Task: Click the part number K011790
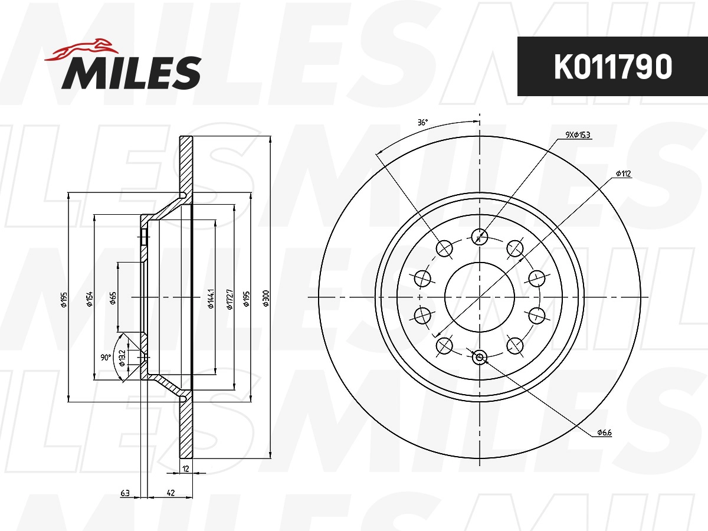[x=612, y=67]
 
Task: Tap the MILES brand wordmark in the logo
[x=132, y=73]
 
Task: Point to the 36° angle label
[x=422, y=123]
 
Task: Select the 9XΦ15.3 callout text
[x=578, y=135]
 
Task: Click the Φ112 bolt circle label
[x=623, y=173]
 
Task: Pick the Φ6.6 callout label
[x=604, y=432]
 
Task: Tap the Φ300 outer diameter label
[x=266, y=298]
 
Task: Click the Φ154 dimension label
[x=90, y=299]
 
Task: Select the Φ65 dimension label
[x=113, y=299]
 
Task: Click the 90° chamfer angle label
[x=106, y=358]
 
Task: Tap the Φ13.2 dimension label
[x=122, y=358]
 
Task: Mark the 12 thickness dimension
[x=185, y=469]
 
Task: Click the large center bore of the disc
[x=479, y=296]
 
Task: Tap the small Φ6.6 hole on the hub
[x=479, y=357]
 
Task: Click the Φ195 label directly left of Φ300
[x=247, y=298]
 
